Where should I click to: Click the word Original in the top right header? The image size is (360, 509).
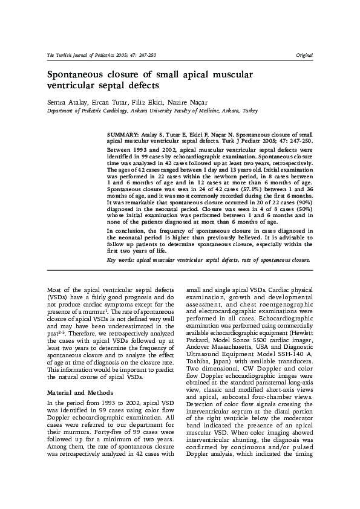click(304, 55)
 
